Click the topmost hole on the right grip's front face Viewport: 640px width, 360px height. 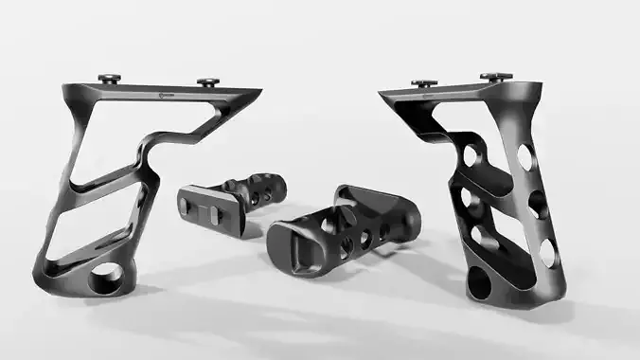click(x=524, y=156)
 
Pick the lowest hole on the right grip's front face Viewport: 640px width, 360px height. click(x=547, y=251)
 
